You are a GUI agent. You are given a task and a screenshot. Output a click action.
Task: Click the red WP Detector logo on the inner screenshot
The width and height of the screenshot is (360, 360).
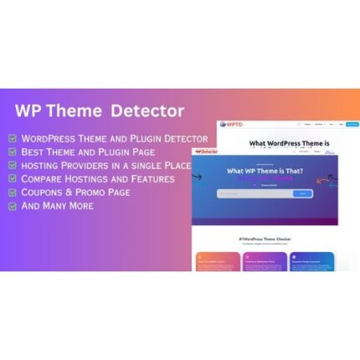point(205,152)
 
